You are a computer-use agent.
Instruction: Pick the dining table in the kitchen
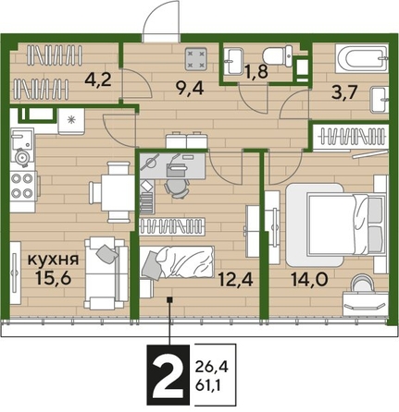coord(115,191)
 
